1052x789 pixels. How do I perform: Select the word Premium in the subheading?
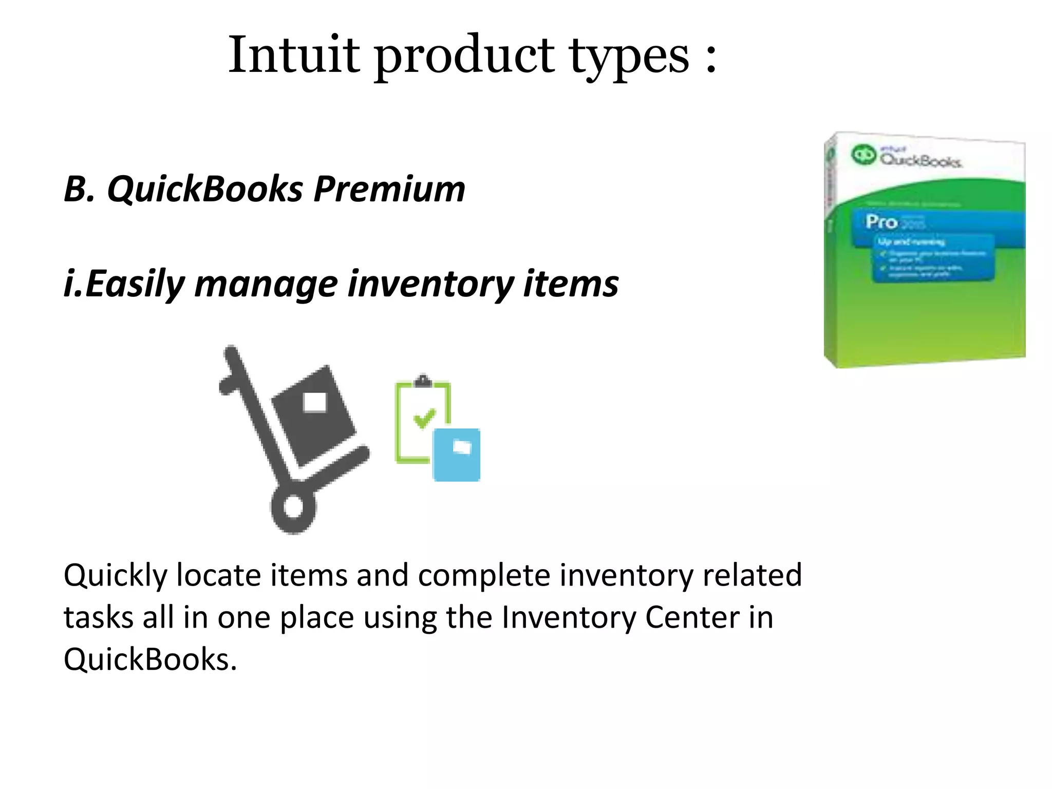click(x=389, y=189)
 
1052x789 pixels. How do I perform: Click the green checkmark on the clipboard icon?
click(x=424, y=418)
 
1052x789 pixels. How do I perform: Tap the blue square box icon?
click(x=457, y=455)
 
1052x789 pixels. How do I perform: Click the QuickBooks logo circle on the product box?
click(x=863, y=155)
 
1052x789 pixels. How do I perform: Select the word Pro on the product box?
click(x=881, y=222)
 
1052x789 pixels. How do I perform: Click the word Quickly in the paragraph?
click(x=115, y=575)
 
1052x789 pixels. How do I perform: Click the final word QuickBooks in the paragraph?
click(x=149, y=659)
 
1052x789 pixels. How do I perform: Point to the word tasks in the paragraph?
click(x=98, y=617)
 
